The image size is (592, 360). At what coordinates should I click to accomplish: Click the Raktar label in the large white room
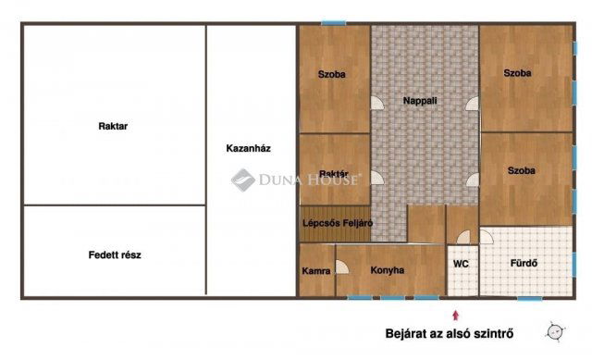coord(113,127)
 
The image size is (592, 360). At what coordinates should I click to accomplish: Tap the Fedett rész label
coord(115,254)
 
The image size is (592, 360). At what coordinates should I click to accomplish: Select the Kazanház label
coord(248,148)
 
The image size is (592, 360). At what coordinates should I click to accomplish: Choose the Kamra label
coord(315,271)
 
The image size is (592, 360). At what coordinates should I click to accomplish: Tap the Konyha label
coord(388,271)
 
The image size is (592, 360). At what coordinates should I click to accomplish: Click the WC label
coord(461,264)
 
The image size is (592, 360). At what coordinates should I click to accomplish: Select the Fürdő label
coord(524,263)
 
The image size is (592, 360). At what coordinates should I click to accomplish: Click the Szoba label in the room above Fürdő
coord(524,170)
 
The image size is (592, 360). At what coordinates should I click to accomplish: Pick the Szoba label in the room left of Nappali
coord(332,74)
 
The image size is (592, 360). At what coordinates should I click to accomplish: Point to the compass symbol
coord(555,330)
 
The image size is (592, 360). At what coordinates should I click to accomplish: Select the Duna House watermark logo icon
coord(242,180)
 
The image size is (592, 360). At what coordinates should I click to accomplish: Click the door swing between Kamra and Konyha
coord(341,267)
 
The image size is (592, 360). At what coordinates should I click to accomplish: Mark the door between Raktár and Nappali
coord(376,177)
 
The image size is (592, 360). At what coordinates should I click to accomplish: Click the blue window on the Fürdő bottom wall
coord(529,298)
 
